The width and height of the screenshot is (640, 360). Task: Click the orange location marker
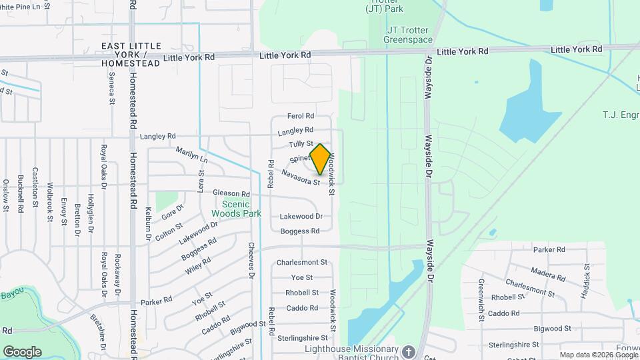(320, 159)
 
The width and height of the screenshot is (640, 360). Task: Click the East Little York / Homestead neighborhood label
(131, 54)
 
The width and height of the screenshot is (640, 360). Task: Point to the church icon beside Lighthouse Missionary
(409, 351)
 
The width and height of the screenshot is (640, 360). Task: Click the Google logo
(22, 351)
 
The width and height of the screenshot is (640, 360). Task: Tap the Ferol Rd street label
(301, 116)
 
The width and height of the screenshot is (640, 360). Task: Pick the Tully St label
(301, 144)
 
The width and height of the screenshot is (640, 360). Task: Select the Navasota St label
(301, 177)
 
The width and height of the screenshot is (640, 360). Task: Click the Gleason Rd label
(231, 193)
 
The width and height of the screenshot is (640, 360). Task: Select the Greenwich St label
(480, 291)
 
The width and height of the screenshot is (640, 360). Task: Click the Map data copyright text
(597, 355)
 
